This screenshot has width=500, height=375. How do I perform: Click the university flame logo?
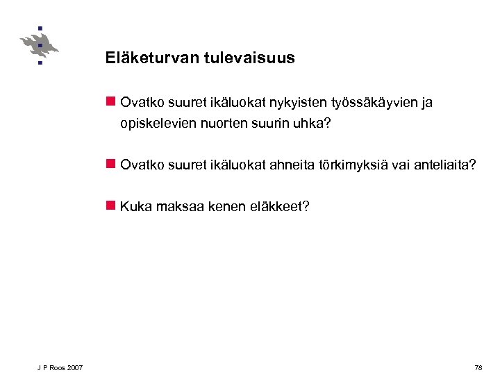coord(39,46)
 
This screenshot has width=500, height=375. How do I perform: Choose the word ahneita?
coord(292,165)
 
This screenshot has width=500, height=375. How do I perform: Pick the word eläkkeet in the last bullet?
coord(281,206)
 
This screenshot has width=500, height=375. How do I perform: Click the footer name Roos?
coord(56,367)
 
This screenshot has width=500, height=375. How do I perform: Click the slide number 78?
coord(478,367)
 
